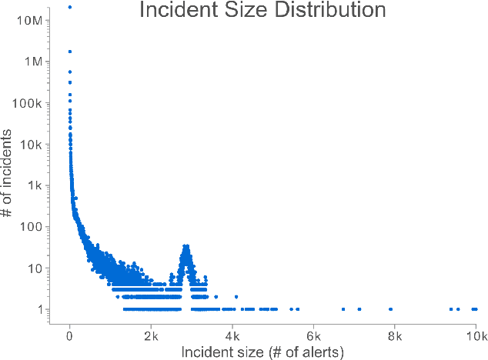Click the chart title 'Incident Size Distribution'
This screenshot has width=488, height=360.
click(x=262, y=11)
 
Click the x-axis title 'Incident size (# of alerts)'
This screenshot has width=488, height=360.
click(x=262, y=352)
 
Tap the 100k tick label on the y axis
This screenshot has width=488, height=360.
click(x=32, y=103)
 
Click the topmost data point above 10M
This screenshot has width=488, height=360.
click(x=70, y=7)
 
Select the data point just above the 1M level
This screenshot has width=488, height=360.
click(x=70, y=52)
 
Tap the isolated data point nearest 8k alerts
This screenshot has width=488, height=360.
click(x=391, y=309)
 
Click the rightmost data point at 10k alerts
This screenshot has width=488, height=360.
click(x=476, y=309)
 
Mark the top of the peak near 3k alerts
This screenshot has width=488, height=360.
click(x=186, y=246)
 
